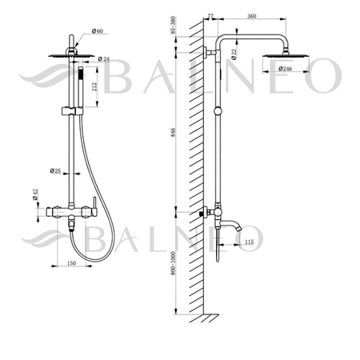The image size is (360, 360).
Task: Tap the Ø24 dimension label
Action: click(103, 59)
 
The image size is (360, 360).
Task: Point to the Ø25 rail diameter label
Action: click(56, 170)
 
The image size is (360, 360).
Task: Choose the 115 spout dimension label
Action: click(248, 242)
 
